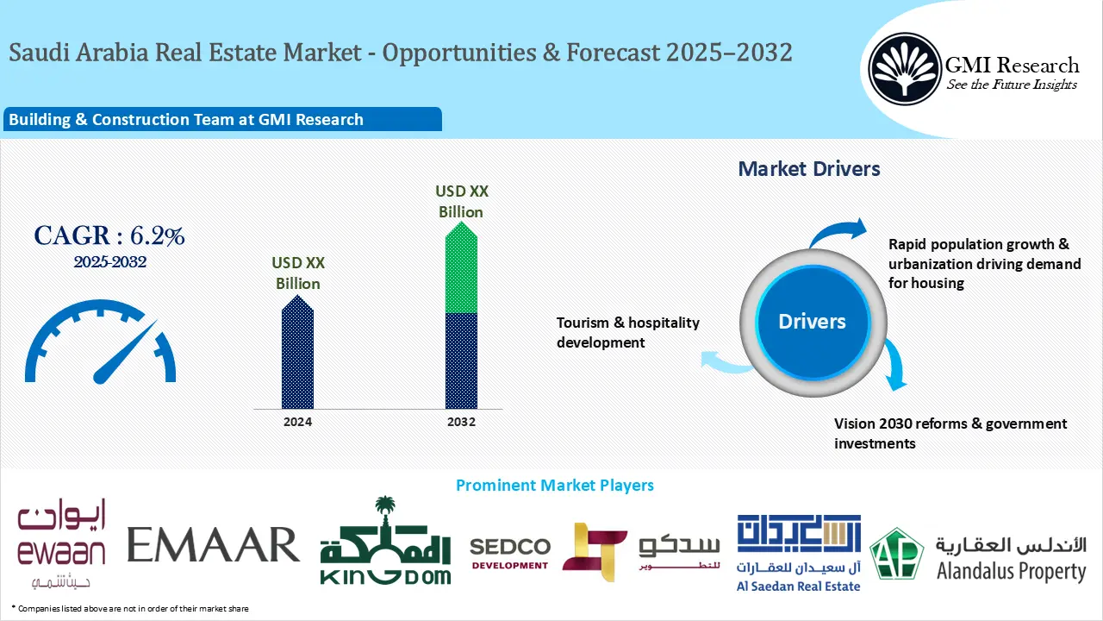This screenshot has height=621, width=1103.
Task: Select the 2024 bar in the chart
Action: (x=298, y=354)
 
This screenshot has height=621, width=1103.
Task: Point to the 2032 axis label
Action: (x=461, y=422)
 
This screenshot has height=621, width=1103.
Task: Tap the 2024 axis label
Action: (x=298, y=422)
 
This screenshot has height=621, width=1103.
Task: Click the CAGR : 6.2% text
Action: (x=109, y=235)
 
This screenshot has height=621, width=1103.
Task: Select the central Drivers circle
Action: (x=812, y=322)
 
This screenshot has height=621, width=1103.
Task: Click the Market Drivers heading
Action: (x=809, y=169)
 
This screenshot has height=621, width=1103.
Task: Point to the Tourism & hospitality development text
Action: (x=628, y=332)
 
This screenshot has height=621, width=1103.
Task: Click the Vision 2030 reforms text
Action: (x=950, y=433)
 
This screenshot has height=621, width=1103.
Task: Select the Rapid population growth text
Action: (x=984, y=263)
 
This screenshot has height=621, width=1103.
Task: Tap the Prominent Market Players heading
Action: (x=554, y=486)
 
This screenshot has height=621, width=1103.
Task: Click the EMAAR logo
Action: (x=213, y=544)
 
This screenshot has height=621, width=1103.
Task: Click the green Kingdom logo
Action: (x=385, y=543)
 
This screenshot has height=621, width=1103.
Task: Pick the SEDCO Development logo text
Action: (x=509, y=553)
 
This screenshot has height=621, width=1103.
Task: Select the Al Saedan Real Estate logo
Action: (x=798, y=552)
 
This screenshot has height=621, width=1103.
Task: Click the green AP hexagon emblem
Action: (x=896, y=554)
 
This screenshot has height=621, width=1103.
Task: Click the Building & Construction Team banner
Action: (x=221, y=120)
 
